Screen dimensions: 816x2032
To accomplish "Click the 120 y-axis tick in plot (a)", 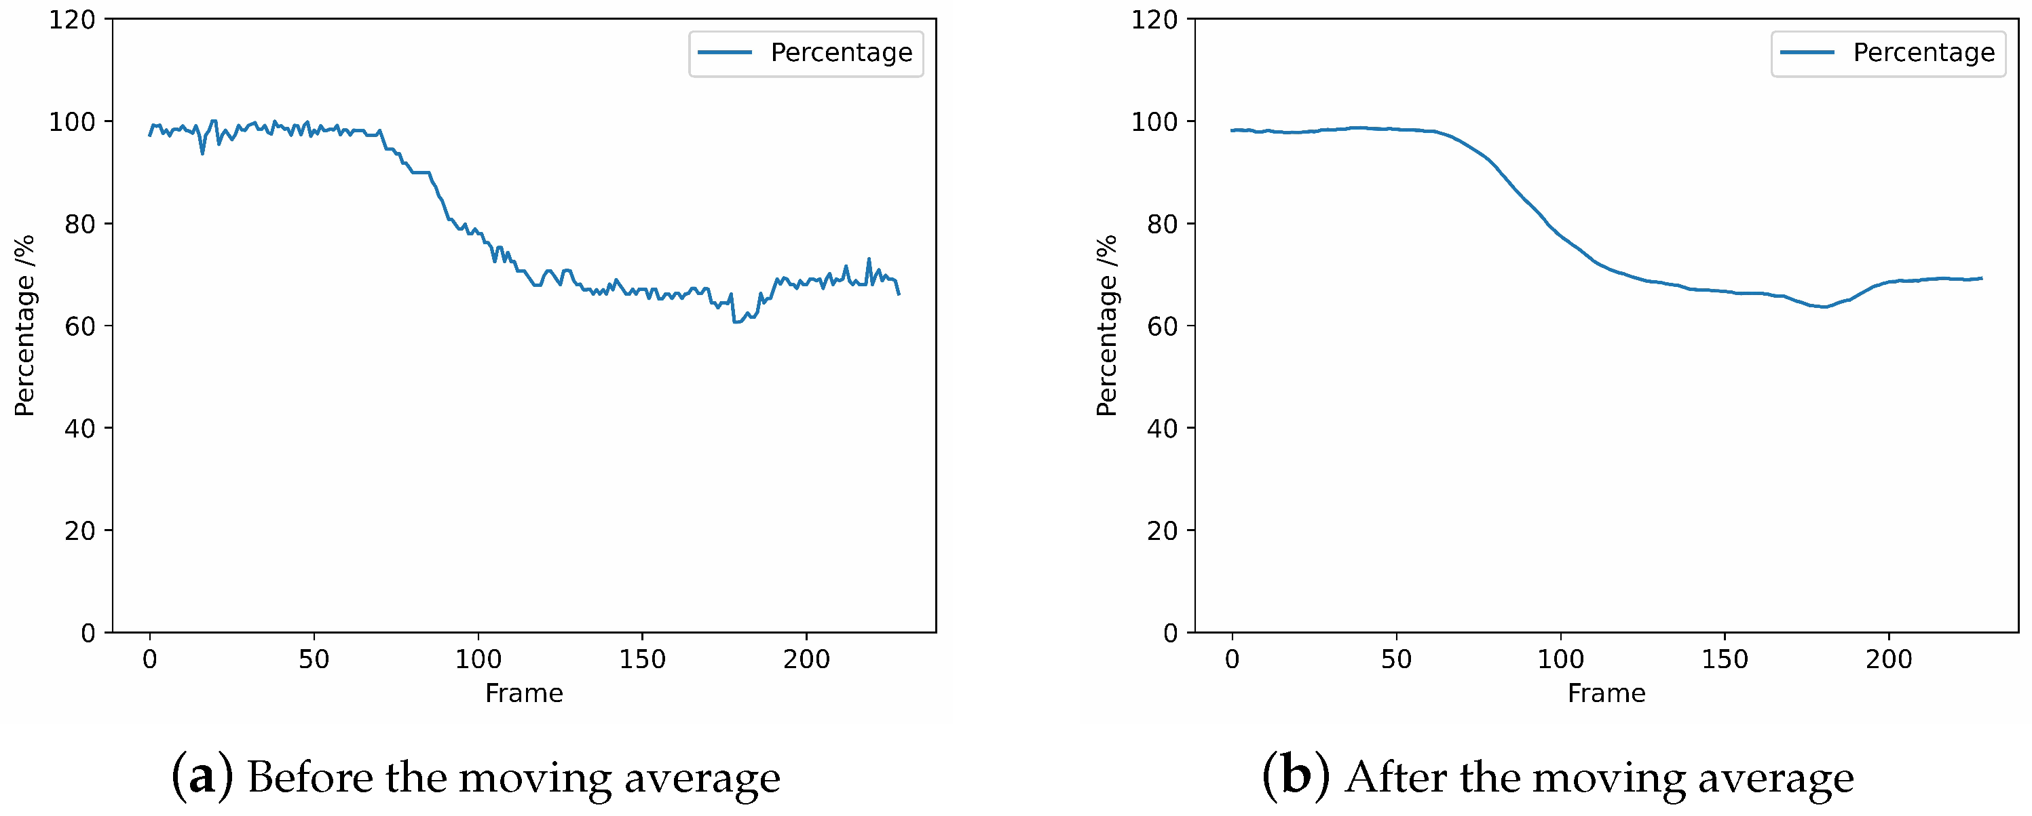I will [x=72, y=20].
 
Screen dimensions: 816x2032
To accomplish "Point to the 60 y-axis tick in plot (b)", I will [x=1162, y=326].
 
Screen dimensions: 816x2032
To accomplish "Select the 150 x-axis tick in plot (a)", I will [x=642, y=659].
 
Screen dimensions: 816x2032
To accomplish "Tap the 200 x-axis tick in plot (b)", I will [x=1888, y=659].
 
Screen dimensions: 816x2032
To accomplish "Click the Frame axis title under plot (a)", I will [x=524, y=693].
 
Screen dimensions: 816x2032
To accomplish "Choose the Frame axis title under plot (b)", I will [x=1606, y=693].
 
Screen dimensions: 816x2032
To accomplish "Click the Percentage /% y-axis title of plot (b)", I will [x=1107, y=326].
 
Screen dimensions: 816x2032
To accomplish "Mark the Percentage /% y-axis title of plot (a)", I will [x=24, y=326].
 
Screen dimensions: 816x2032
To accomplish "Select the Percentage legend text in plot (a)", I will [x=841, y=53].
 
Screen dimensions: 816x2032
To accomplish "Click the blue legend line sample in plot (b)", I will [x=1807, y=53].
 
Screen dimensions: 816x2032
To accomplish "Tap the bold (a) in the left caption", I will [x=202, y=777].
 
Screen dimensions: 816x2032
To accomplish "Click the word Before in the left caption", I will [x=310, y=777].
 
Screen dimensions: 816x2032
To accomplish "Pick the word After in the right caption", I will [x=1395, y=777].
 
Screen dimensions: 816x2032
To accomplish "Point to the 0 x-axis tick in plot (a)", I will [x=150, y=659].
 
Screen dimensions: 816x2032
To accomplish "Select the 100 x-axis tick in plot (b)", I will [x=1560, y=659].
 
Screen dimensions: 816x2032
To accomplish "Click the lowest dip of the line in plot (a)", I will [x=735, y=322].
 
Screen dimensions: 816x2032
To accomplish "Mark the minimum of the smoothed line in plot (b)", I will [x=1824, y=307].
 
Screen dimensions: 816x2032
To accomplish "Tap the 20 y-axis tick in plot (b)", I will [x=1162, y=531].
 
